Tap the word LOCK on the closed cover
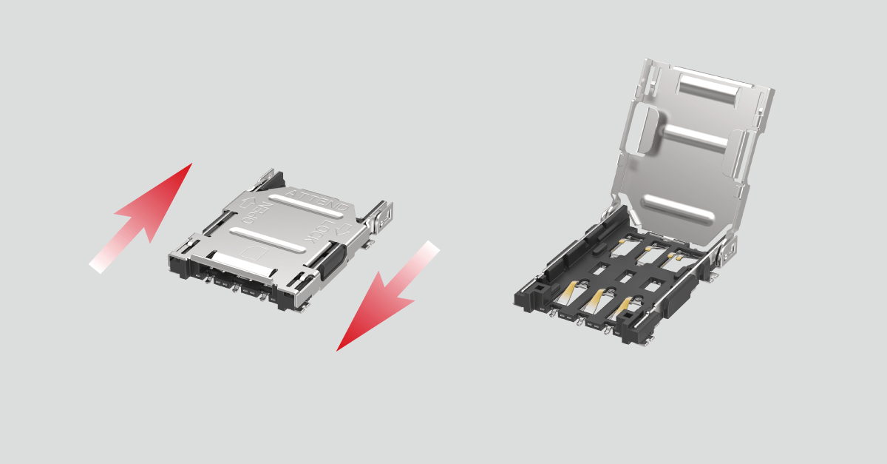point(318,235)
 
